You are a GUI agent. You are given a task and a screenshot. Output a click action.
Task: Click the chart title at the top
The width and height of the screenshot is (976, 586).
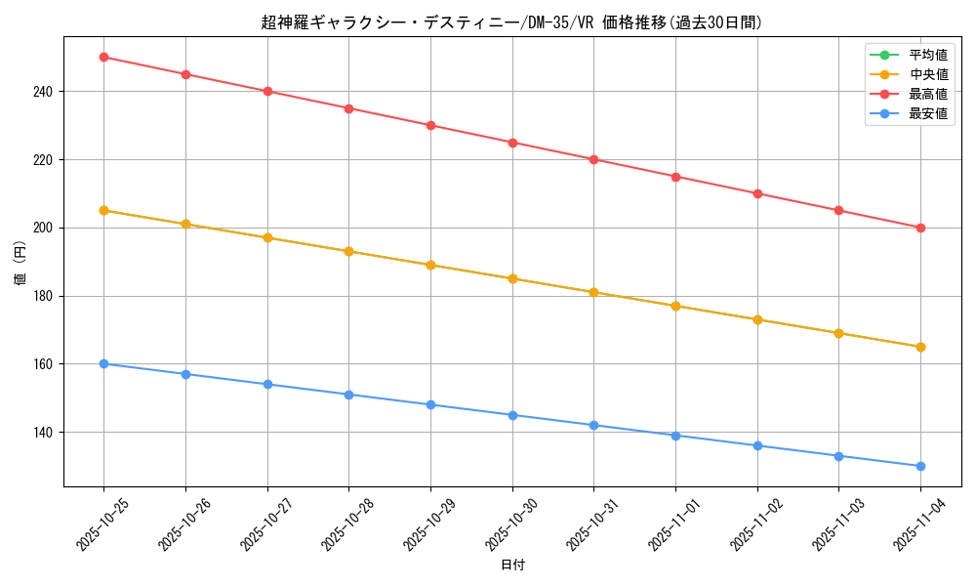[x=512, y=22]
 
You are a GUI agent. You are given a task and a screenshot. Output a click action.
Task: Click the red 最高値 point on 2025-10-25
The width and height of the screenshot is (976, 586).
[x=103, y=57]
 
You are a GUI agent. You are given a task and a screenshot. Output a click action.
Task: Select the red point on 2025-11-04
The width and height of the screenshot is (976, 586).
[x=920, y=228]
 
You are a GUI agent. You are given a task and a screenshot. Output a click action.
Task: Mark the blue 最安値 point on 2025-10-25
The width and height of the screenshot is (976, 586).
[x=103, y=363]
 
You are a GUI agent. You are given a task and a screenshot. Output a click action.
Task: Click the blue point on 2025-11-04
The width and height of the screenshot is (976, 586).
[x=920, y=466]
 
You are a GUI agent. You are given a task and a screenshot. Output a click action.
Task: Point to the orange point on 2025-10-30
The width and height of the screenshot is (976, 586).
[x=512, y=278]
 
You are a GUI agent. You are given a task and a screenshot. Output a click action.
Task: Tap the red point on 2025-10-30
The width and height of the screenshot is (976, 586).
[x=512, y=143]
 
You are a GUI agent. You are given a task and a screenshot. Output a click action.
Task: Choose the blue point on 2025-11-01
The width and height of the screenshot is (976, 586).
[x=675, y=436]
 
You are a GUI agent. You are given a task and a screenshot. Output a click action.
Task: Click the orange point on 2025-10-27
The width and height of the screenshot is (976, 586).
[x=267, y=237]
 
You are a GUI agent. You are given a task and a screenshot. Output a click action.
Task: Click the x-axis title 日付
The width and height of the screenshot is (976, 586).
[x=512, y=565]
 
